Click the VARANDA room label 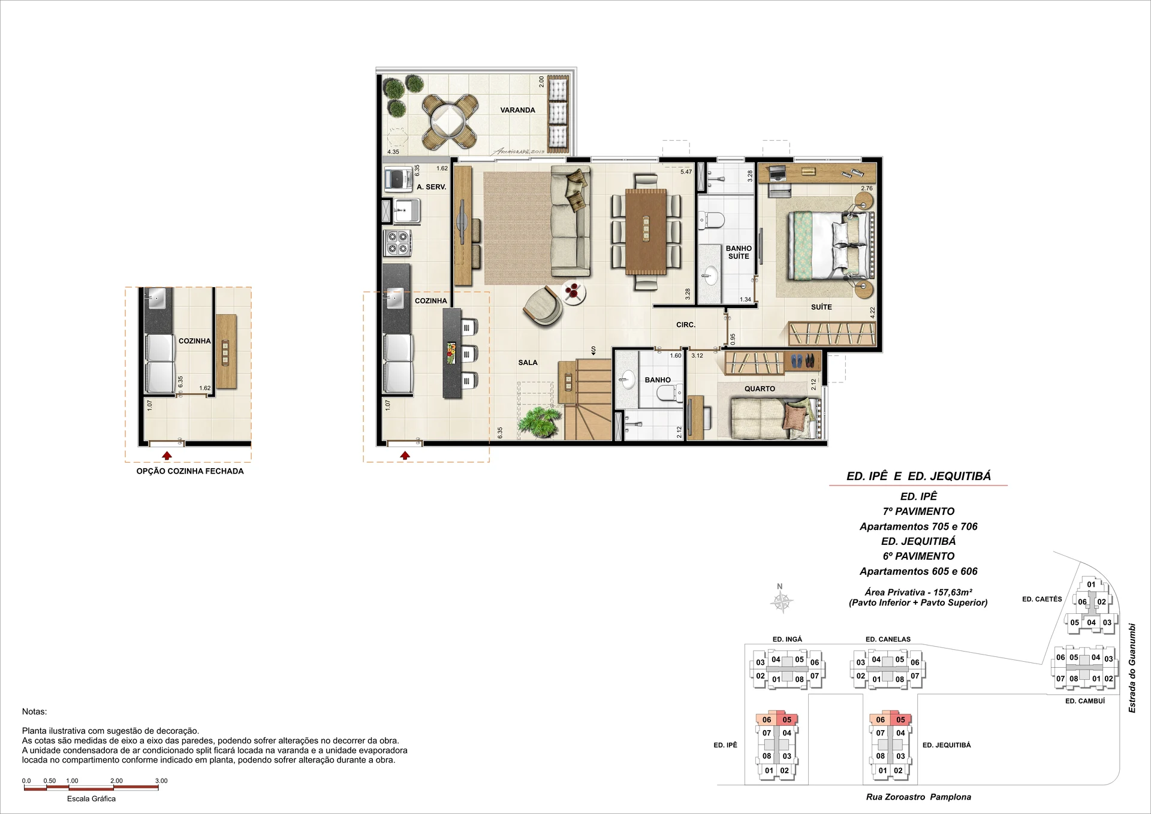pyautogui.click(x=517, y=110)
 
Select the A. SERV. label pyautogui.click(x=431, y=187)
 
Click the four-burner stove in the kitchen pyautogui.click(x=397, y=242)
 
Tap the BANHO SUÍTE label pyautogui.click(x=739, y=252)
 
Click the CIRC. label pyautogui.click(x=686, y=325)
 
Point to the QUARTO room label pyautogui.click(x=760, y=389)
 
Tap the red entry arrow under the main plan pyautogui.click(x=405, y=456)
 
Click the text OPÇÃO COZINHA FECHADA pyautogui.click(x=190, y=471)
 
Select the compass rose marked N pyautogui.click(x=782, y=601)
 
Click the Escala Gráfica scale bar pyautogui.click(x=91, y=788)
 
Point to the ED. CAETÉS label pyautogui.click(x=1042, y=599)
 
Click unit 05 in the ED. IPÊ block pyautogui.click(x=787, y=720)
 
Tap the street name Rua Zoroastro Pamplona pyautogui.click(x=918, y=797)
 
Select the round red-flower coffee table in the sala pyautogui.click(x=573, y=294)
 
